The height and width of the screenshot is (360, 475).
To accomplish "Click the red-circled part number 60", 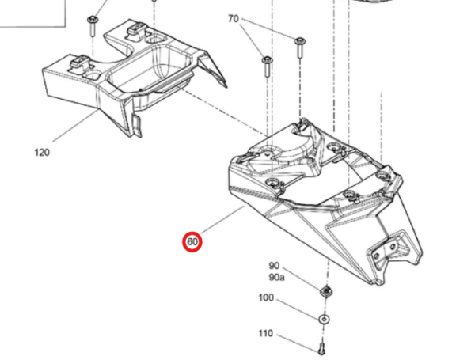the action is (x=192, y=242).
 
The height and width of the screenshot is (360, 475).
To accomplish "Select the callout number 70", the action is (x=234, y=19).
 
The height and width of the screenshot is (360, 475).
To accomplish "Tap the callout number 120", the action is (x=42, y=152).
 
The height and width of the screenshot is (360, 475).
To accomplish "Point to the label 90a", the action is (x=276, y=277).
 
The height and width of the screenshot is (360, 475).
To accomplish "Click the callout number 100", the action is (x=266, y=297).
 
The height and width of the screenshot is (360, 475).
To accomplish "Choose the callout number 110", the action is (x=266, y=333).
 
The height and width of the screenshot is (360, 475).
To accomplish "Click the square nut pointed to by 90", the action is (x=326, y=291).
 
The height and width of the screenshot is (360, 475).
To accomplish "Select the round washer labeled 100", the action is (x=324, y=320).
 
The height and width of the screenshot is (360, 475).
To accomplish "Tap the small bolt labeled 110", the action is (x=321, y=348).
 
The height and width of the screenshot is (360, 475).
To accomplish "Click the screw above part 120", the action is (x=93, y=26).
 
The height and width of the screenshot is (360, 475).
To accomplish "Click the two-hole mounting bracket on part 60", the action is (x=387, y=248).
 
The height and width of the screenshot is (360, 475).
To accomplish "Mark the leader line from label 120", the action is (x=76, y=126).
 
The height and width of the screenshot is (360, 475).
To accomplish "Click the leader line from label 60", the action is (x=222, y=219).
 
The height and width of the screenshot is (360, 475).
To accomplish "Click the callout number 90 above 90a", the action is (x=274, y=266).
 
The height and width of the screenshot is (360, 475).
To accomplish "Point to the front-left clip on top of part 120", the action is (x=78, y=62).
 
